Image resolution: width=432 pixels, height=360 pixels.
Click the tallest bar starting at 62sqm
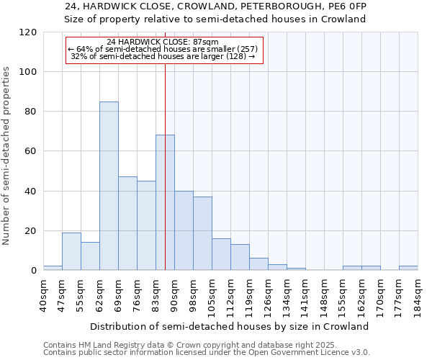pos(109,186)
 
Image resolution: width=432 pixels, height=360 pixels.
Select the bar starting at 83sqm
pos(165,202)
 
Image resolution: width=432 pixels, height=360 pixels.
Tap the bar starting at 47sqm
pos(71,251)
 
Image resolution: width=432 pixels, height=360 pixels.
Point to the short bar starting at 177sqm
pos(408,268)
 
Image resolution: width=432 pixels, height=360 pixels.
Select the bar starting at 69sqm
pos(127,223)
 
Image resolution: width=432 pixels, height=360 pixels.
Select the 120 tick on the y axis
pos(28,32)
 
